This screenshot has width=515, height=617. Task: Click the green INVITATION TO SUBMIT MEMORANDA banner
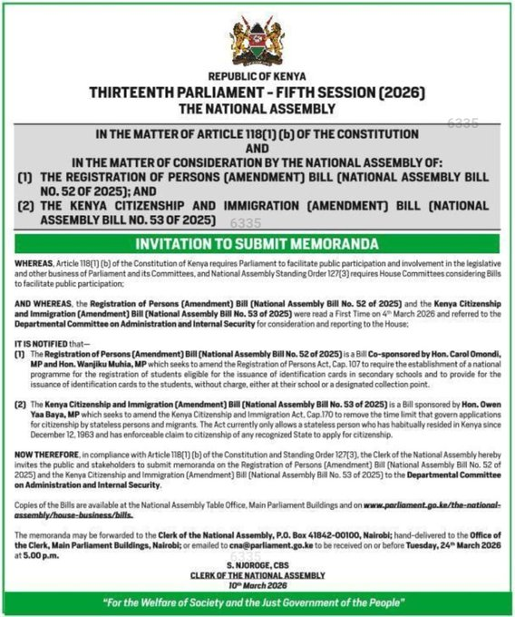point(257,244)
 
